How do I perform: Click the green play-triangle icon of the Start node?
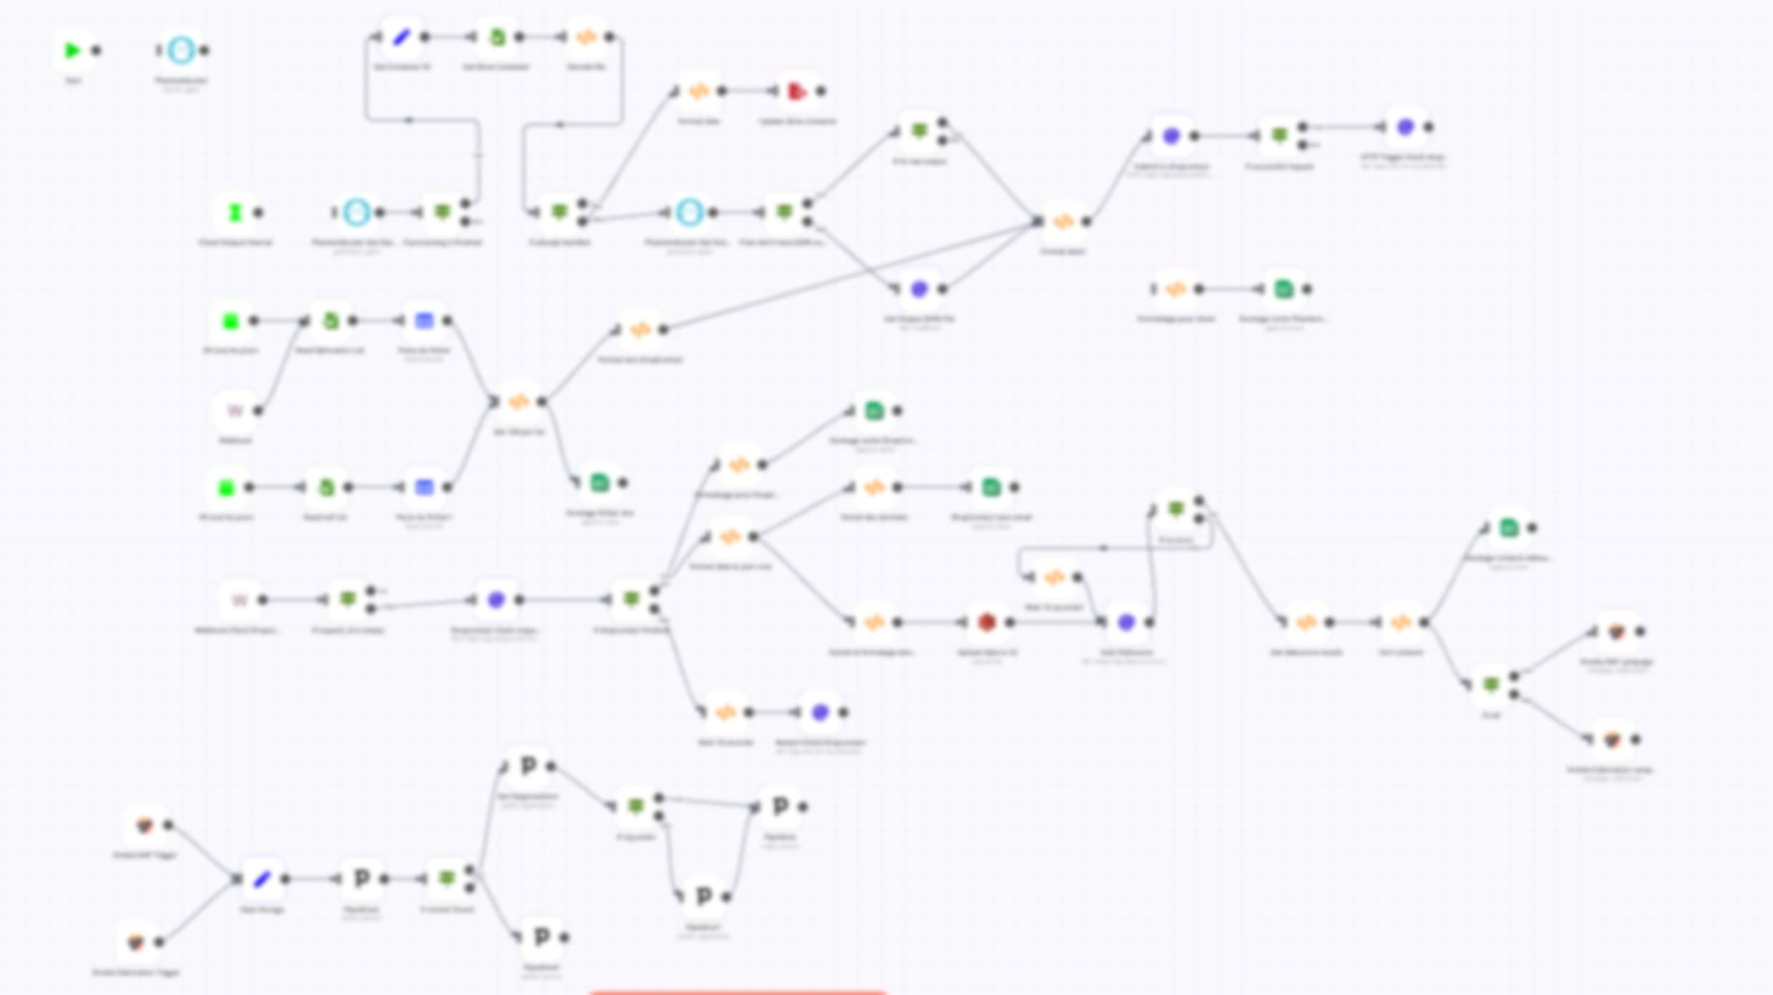72,51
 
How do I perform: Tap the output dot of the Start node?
97,51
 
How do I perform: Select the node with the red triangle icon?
796,92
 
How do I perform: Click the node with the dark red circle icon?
987,622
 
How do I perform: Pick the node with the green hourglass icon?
235,213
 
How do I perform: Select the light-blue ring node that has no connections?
181,51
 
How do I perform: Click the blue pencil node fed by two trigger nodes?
262,878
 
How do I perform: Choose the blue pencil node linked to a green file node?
401,37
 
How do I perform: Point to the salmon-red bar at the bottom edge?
737,991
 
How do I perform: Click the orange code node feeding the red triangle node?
699,92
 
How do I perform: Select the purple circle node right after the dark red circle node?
1125,622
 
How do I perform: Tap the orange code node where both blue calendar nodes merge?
519,402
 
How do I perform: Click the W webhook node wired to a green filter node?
240,600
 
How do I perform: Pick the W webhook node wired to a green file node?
235,411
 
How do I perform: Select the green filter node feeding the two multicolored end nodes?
1491,685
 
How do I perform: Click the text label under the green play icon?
72,81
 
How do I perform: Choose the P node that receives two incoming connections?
780,807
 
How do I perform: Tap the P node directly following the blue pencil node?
361,878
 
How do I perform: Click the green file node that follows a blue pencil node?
497,37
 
